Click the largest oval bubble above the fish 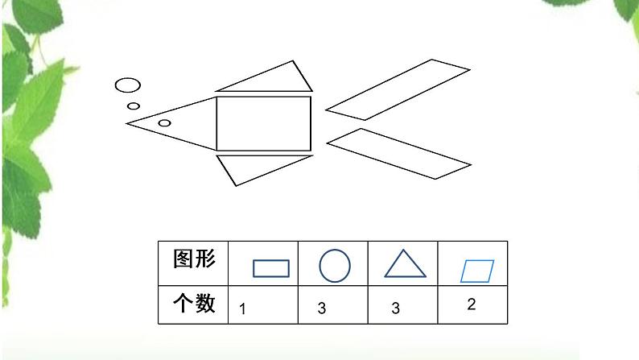tap(127, 84)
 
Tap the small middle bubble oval tap(134, 106)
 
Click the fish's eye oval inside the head tap(164, 123)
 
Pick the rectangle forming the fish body tap(263, 124)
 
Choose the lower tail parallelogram tap(398, 154)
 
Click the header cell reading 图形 tap(194, 259)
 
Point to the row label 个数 tap(194, 304)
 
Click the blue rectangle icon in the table tap(271, 267)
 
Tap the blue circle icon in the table tap(335, 264)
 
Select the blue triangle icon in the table tap(405, 264)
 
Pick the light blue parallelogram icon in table tap(476, 271)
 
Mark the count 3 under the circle tap(320, 308)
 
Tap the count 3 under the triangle tap(395, 308)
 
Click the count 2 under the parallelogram tap(471, 304)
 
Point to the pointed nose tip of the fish tap(126, 122)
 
